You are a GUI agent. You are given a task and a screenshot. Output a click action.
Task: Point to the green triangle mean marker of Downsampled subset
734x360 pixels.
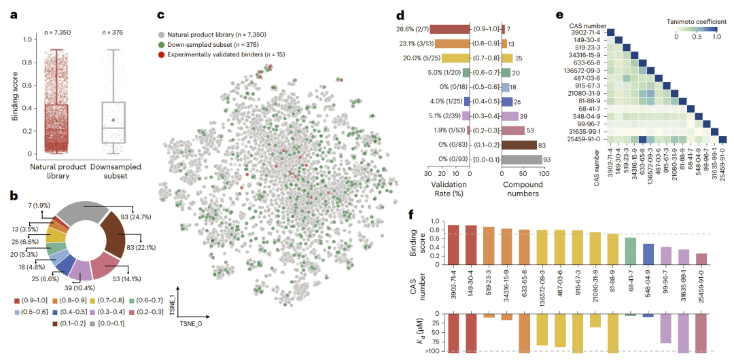pyautogui.click(x=113, y=120)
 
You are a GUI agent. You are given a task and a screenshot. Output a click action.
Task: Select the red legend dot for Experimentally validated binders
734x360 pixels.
pyautogui.click(x=160, y=53)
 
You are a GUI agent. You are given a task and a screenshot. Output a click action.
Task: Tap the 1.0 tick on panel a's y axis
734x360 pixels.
pyautogui.click(x=27, y=39)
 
